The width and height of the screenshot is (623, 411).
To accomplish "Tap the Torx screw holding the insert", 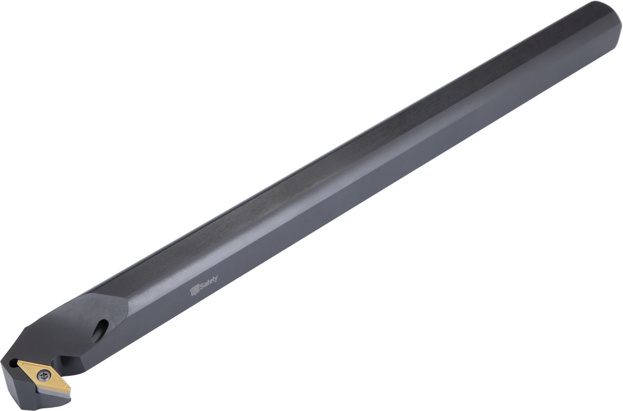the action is pyautogui.click(x=44, y=376).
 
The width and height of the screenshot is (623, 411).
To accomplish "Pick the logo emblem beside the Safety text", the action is pyautogui.click(x=195, y=291).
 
